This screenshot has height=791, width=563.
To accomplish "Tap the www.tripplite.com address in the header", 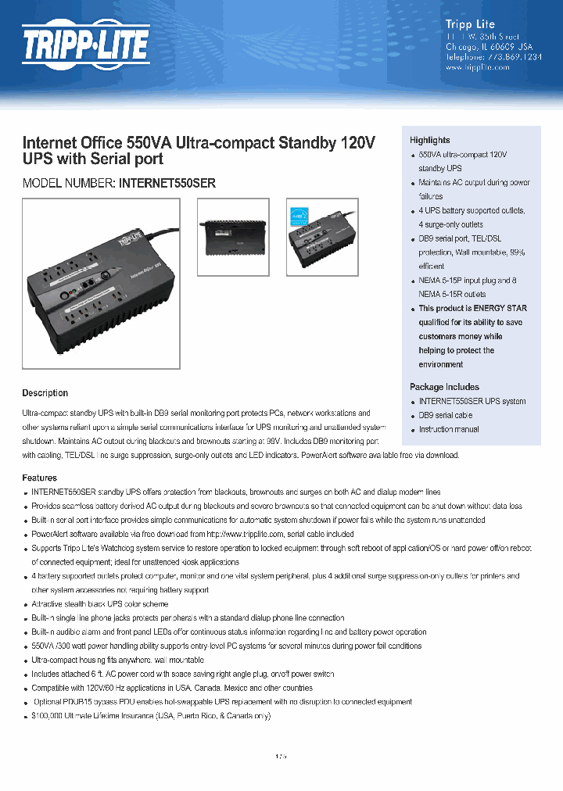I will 477,68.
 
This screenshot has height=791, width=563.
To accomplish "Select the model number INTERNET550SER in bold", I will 167,184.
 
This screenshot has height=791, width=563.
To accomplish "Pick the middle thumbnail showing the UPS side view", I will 232,237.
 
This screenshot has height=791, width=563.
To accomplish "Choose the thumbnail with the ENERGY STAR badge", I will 322,237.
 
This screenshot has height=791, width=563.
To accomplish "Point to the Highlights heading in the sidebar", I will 429,140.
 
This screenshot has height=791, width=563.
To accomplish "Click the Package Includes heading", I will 444,387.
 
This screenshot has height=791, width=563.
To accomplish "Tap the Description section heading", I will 45,393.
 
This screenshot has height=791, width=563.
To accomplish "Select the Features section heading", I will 39,478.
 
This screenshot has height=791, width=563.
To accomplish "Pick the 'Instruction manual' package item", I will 449,430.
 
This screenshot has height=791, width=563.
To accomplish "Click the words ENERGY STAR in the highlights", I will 500,309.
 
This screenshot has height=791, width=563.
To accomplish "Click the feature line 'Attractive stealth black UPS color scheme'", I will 99,604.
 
